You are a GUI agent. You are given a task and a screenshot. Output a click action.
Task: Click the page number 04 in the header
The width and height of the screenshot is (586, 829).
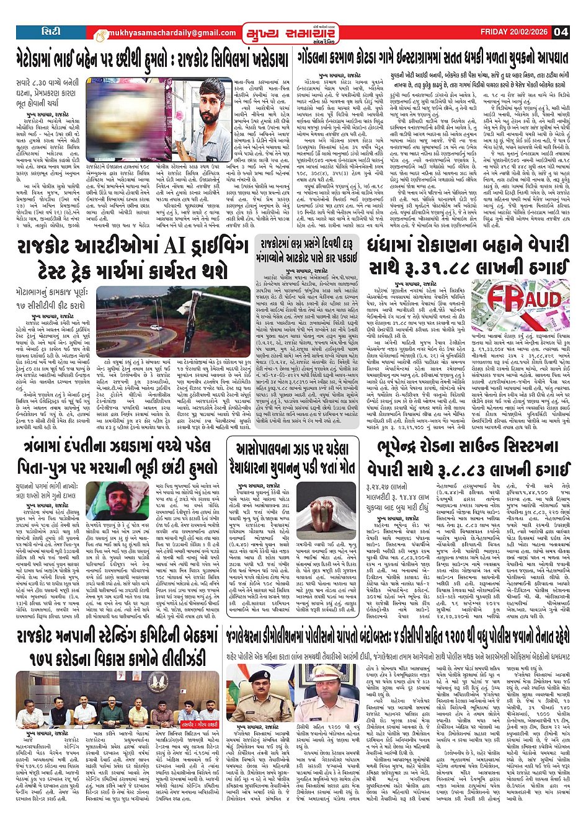point(561,32)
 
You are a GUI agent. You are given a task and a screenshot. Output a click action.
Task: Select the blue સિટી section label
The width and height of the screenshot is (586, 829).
point(51,31)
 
